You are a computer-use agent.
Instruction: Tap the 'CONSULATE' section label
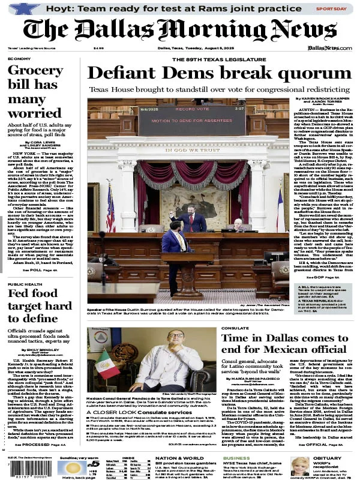click(233, 329)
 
